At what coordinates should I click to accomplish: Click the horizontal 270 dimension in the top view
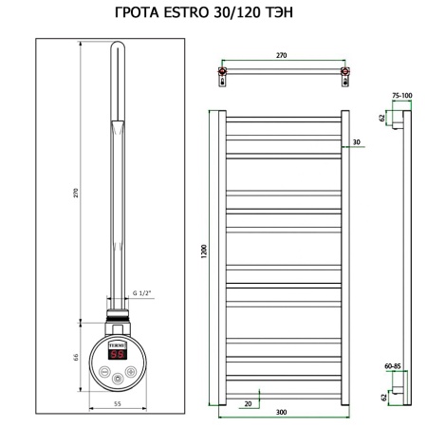tap(282, 57)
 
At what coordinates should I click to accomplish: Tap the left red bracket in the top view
tap(222, 72)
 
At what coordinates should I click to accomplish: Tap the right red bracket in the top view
tap(344, 72)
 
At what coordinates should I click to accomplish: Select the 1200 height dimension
tap(202, 254)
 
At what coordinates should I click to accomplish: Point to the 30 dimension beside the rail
tap(356, 144)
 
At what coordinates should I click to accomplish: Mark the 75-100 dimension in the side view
tap(401, 96)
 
